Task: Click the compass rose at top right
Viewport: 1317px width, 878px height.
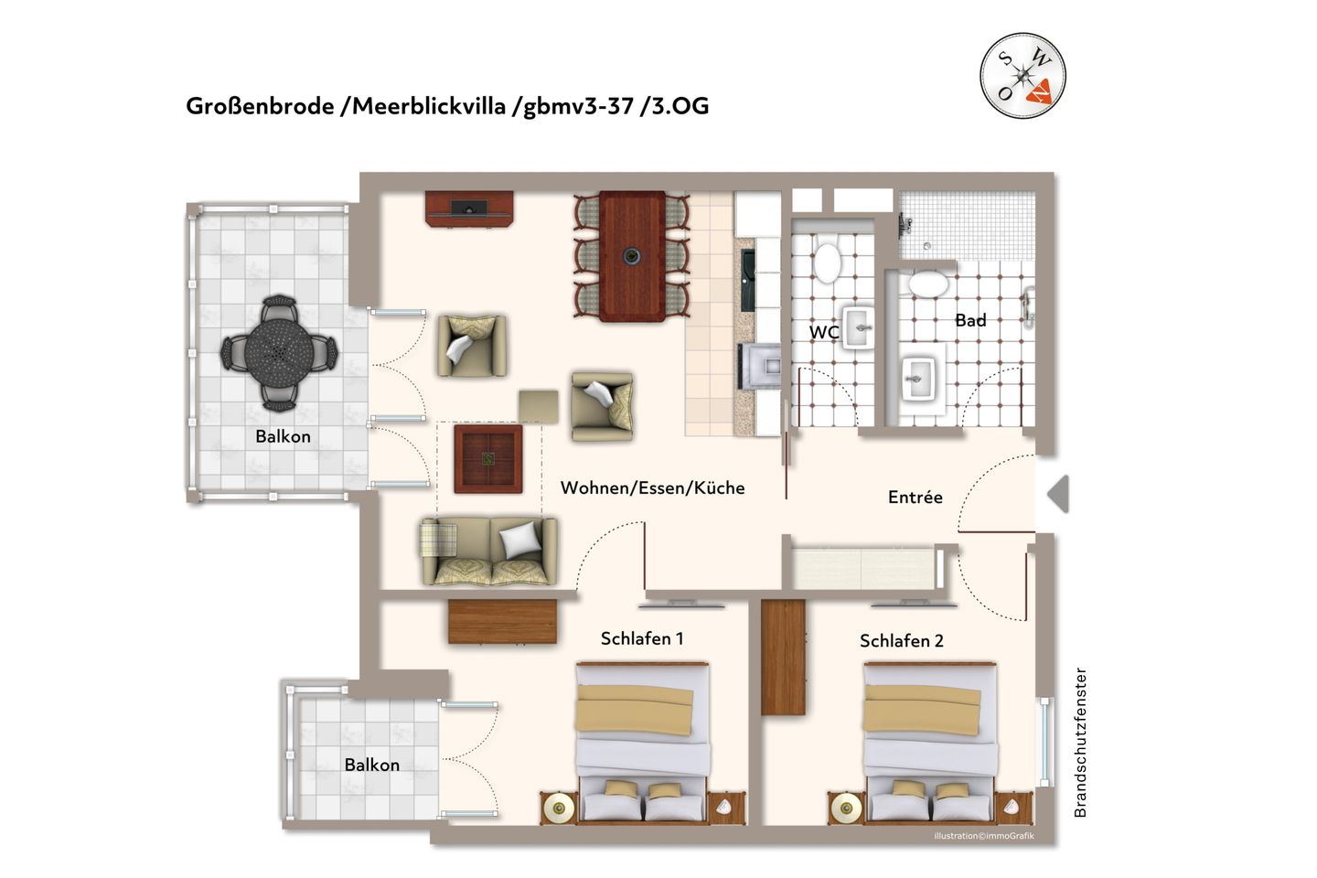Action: click(x=1023, y=74)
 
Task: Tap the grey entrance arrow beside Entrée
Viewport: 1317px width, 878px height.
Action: click(x=1058, y=494)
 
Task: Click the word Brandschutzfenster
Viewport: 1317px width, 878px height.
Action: click(x=1080, y=742)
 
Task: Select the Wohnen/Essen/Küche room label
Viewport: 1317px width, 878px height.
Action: click(x=652, y=487)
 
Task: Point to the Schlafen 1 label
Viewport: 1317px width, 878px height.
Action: click(x=641, y=638)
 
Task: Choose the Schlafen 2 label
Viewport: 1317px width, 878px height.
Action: click(x=901, y=640)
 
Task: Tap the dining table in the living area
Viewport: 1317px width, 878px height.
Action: click(x=632, y=256)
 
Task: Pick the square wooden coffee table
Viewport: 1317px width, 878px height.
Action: click(x=488, y=458)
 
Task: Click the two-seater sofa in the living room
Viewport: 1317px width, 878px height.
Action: click(x=488, y=551)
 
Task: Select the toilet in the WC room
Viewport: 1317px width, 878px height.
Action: click(x=828, y=262)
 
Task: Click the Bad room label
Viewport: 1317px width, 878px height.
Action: click(x=969, y=320)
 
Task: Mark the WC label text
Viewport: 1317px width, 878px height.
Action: click(x=823, y=332)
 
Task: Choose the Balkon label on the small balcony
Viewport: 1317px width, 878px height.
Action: click(x=371, y=765)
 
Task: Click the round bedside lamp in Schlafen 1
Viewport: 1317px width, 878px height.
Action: click(x=559, y=807)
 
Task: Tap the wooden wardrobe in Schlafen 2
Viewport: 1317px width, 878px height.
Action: click(x=783, y=657)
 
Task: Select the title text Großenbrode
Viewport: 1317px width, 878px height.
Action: click(x=259, y=106)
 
